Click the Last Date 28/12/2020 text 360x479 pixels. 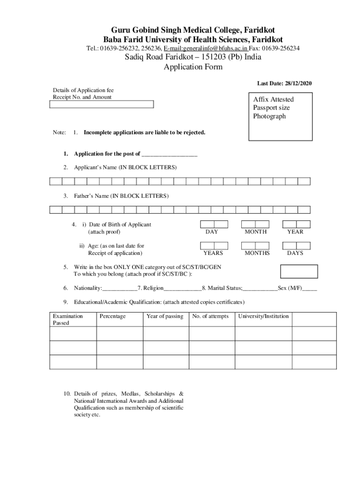point(284,83)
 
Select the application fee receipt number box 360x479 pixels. point(101,104)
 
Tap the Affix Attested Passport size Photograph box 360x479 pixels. point(281,115)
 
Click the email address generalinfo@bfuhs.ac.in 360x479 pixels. point(205,48)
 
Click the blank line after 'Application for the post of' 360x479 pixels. point(169,154)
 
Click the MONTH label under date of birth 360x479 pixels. point(256,232)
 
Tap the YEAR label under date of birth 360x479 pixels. point(295,232)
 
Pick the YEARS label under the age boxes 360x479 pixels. point(213,253)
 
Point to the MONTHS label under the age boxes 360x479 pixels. point(257,253)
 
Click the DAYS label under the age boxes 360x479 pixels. point(295,253)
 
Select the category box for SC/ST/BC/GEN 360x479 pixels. point(298,271)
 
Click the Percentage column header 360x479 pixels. point(112,316)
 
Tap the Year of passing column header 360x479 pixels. point(165,316)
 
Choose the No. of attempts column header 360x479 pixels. point(210,316)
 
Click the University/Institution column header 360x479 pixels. point(263,316)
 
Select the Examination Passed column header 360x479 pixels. point(68,319)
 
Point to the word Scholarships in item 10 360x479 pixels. point(160,393)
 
